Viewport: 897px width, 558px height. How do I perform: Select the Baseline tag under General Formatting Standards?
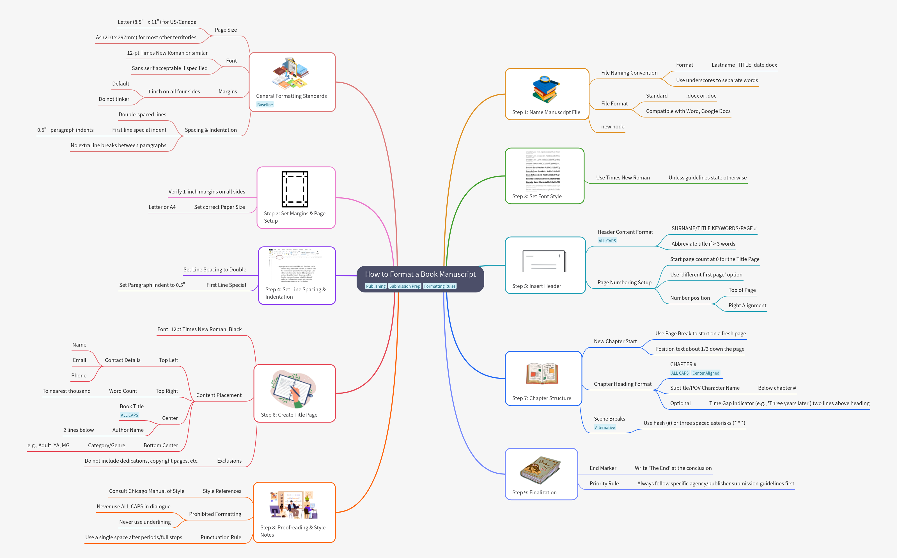[265, 105]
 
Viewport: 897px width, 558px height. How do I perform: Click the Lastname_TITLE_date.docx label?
[744, 65]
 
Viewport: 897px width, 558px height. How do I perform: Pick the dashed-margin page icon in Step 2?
[295, 189]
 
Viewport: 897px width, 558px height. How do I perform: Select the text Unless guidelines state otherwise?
[707, 177]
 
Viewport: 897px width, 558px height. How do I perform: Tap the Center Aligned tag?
[705, 373]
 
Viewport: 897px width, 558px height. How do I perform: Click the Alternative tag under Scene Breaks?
[605, 428]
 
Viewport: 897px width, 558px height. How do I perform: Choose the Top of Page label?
[742, 290]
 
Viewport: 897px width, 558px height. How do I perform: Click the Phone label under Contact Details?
[79, 376]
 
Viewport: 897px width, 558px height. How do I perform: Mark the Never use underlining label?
[145, 522]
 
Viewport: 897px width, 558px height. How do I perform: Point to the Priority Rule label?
[604, 483]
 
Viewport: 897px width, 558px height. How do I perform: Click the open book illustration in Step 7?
[542, 373]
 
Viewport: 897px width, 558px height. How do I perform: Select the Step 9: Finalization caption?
[534, 492]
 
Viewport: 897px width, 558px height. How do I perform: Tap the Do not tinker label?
[114, 99]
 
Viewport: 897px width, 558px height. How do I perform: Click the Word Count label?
[123, 391]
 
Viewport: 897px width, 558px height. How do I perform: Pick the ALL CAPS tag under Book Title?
[129, 415]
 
